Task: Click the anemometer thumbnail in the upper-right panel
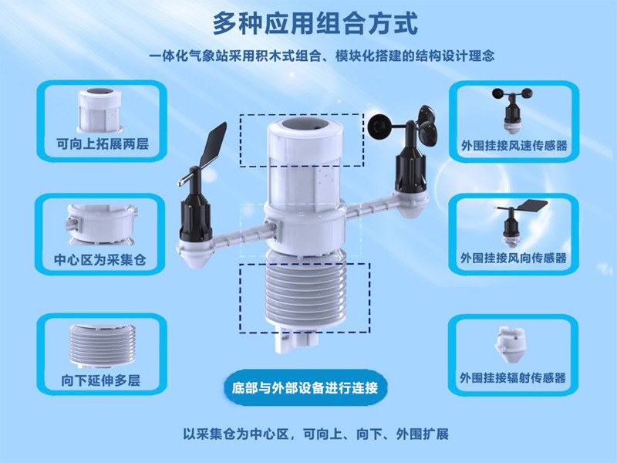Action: tap(511, 109)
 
